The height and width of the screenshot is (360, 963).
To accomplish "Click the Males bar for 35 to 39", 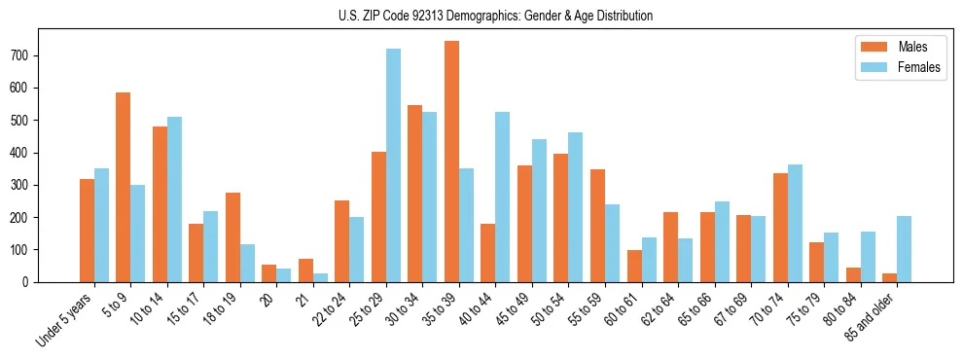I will [x=451, y=162].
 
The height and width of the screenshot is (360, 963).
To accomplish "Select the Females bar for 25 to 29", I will [x=393, y=165].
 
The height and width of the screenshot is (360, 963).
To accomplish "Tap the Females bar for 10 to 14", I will [x=174, y=199].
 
